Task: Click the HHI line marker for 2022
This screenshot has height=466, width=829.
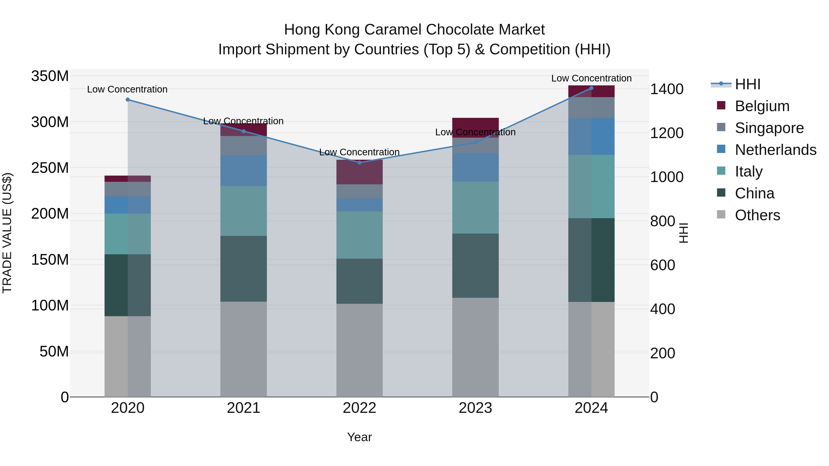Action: (x=359, y=162)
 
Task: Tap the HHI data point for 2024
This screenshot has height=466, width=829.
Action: (x=591, y=88)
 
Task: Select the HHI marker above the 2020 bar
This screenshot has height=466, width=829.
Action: (x=128, y=100)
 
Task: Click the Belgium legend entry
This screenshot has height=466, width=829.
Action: (x=762, y=106)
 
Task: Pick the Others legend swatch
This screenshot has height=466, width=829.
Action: (x=721, y=214)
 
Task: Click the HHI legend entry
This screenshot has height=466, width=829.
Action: (x=747, y=84)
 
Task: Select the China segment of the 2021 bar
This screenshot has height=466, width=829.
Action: (x=244, y=269)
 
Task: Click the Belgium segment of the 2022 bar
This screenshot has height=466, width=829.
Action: (x=359, y=172)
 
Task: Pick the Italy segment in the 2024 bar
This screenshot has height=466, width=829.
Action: (x=591, y=187)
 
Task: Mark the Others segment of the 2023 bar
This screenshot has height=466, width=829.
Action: (x=475, y=347)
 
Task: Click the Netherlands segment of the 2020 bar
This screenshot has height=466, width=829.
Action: (x=128, y=205)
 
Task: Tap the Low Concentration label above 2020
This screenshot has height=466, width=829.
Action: (x=127, y=90)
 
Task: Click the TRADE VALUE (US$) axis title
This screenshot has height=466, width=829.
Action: (x=7, y=233)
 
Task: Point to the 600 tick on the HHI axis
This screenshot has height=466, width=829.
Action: (x=662, y=265)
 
